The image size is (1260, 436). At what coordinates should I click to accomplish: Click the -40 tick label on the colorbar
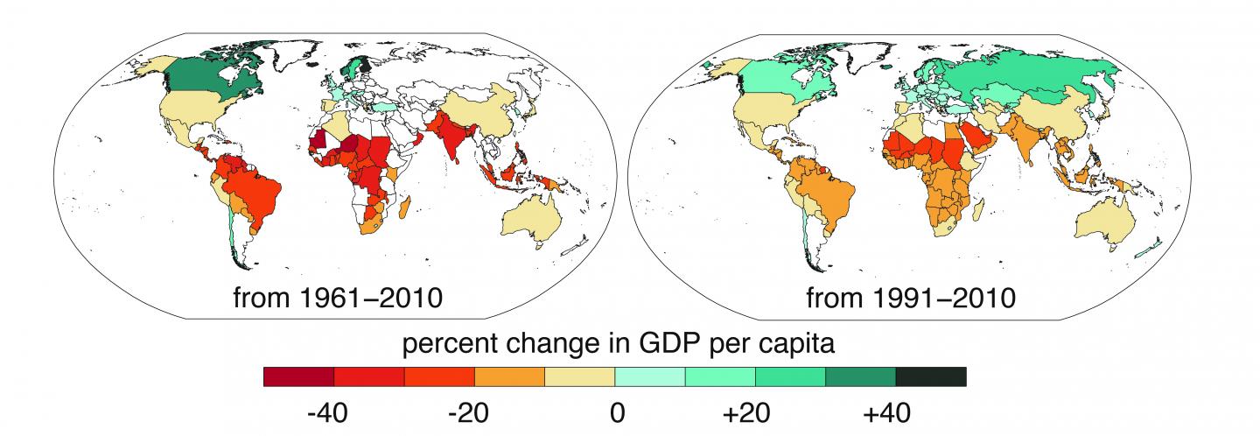333,411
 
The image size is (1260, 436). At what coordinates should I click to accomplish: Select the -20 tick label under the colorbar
475,411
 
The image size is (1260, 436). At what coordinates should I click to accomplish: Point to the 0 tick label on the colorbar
616,411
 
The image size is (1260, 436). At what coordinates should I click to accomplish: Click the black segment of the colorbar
930,376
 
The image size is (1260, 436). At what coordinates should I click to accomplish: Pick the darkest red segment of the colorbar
298,376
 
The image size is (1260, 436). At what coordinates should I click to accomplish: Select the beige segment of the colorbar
579,376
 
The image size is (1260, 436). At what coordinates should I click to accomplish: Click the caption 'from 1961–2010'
337,298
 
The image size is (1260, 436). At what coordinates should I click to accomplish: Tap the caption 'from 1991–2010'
910,298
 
